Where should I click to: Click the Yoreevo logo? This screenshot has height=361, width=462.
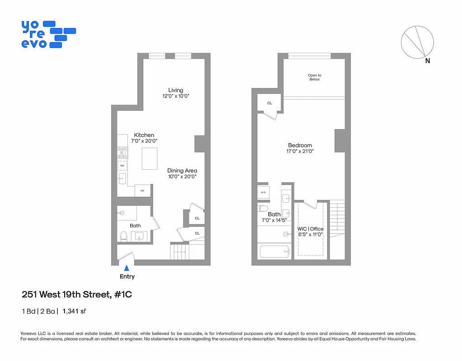pos(48,34)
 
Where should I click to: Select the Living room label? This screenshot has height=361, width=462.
pos(176,90)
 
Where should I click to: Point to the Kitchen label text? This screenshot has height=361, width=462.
pos(144,135)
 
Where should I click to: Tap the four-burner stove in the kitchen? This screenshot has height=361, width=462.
pos(122,153)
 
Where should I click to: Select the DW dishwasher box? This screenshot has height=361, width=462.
pos(122,166)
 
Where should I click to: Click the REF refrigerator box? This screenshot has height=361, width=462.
pos(143,191)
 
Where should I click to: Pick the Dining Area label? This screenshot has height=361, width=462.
pos(182,171)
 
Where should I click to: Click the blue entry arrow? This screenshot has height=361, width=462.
pos(126,268)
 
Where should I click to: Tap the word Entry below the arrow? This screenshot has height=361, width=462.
pos(127,277)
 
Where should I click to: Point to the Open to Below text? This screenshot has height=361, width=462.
pos(314,77)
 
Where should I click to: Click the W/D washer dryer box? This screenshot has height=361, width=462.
pos(263,192)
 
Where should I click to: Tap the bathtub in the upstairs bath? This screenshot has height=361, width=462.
pos(274,251)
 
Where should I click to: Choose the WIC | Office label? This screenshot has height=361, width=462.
pos(310,229)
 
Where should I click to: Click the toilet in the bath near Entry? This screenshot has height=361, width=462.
pos(124,235)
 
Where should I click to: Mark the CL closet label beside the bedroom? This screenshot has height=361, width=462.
pos(269,103)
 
